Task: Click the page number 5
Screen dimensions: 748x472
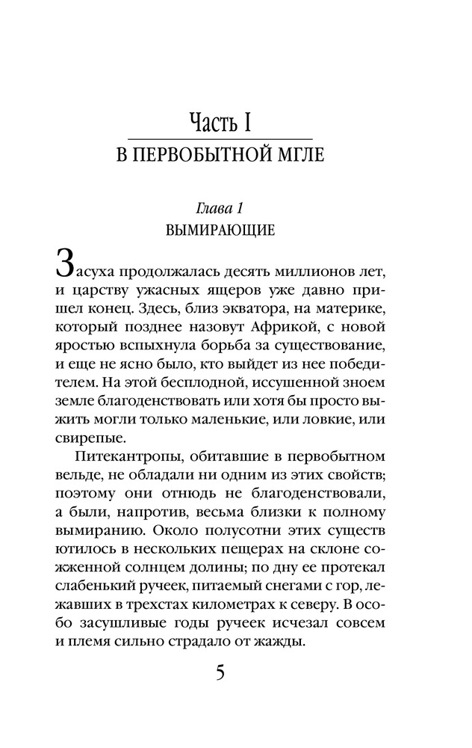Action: pyautogui.click(x=220, y=672)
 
